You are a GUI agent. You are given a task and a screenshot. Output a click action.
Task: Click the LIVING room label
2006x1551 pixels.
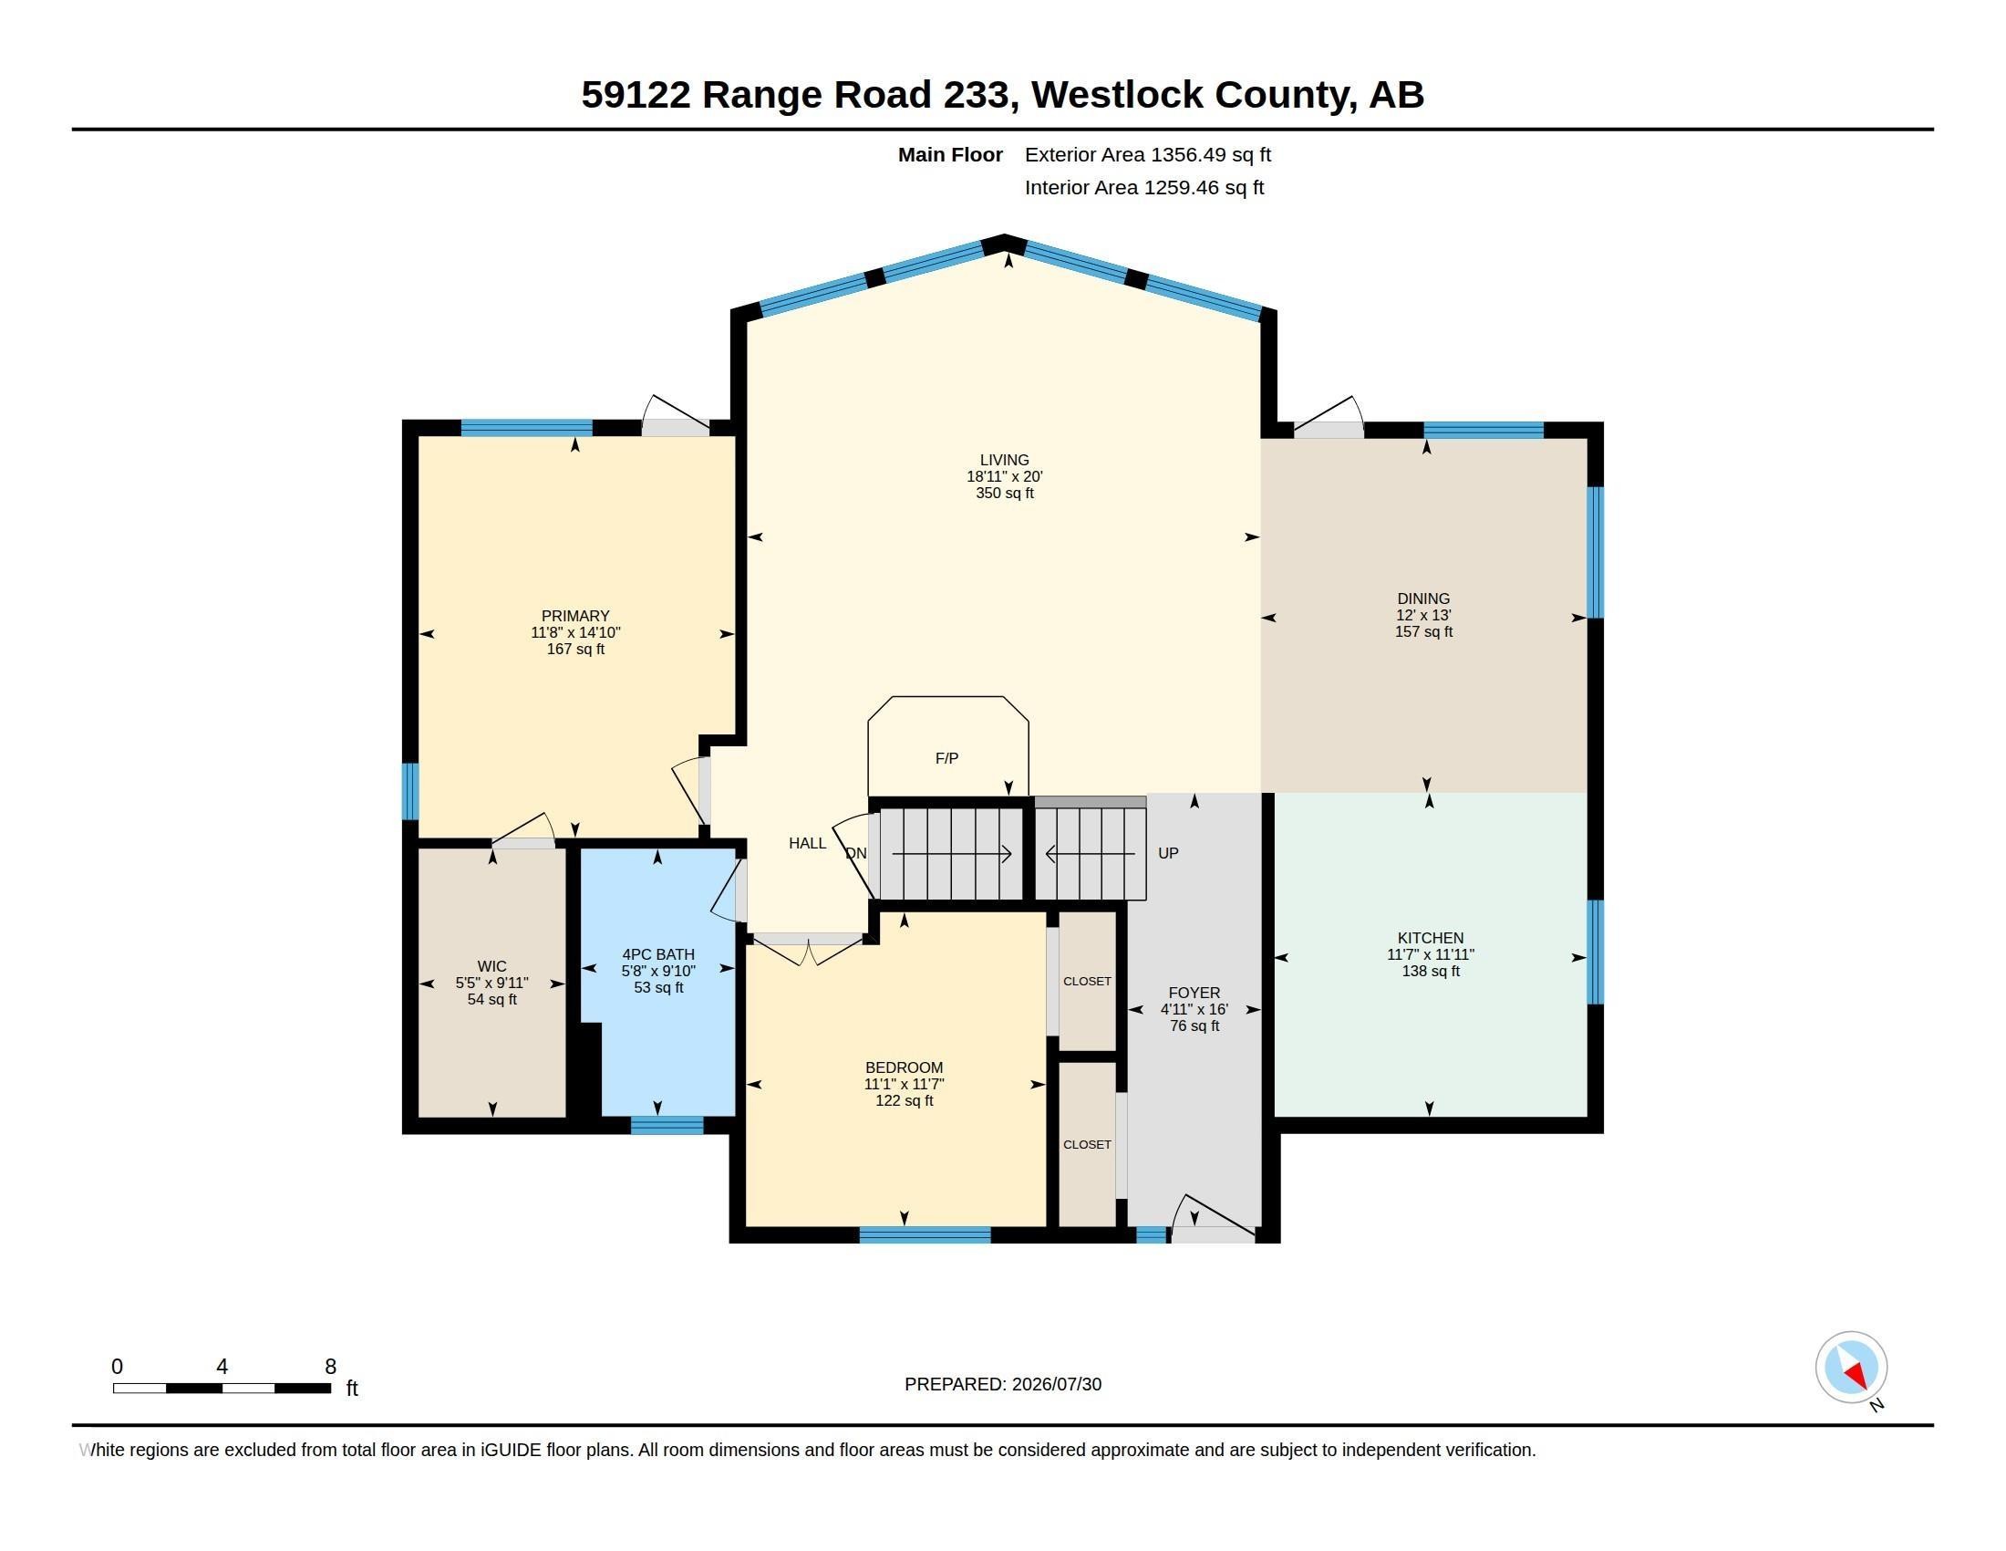pos(1004,461)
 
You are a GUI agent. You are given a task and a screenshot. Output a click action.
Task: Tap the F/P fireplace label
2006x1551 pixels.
pos(946,758)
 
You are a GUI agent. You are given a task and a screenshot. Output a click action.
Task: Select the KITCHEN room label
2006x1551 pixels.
pos(1430,938)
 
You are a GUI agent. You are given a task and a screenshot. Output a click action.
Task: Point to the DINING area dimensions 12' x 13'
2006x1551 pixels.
pos(1423,616)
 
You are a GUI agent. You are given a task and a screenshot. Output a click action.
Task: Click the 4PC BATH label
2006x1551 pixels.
pos(658,954)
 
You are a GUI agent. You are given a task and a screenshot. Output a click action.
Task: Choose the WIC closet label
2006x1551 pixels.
pos(492,966)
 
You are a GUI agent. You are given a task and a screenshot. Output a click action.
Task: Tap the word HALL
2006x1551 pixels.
pos(807,844)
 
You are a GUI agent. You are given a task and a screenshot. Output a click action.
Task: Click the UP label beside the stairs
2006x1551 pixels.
pos(1168,853)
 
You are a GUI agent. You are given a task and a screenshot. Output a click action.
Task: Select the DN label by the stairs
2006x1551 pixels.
pos(856,854)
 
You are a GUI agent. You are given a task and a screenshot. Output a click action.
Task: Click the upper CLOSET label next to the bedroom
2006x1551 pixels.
pos(1088,982)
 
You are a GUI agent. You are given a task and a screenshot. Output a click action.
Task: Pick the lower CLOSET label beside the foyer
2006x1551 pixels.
pos(1088,1145)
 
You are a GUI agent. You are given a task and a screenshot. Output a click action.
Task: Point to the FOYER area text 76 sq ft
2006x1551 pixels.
pos(1194,1026)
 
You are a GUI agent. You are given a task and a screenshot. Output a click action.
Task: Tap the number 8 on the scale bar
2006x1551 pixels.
pos(331,1367)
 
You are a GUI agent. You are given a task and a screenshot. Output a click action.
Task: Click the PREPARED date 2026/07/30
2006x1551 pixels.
pos(1056,1384)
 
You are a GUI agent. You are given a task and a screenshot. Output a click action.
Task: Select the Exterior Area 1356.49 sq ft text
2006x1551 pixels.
pos(1148,154)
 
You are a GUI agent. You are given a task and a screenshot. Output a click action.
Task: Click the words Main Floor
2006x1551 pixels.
pos(950,154)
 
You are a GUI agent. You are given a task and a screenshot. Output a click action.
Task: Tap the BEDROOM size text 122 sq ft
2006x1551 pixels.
pos(904,1101)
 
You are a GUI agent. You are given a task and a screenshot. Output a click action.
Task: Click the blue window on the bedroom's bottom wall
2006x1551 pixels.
pos(925,1235)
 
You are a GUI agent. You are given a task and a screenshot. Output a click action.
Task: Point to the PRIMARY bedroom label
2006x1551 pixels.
pos(575,617)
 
